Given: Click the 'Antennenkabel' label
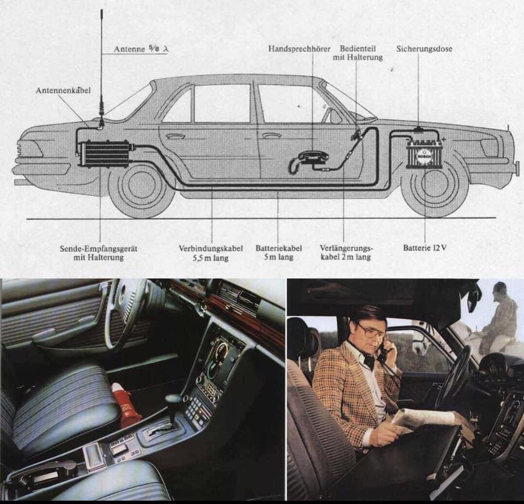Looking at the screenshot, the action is click(63, 90).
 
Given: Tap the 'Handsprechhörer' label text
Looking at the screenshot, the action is click(300, 49).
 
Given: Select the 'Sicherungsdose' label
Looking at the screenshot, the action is click(424, 49).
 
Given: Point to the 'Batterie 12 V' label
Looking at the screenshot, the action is click(425, 248).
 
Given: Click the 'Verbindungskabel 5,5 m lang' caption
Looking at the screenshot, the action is click(211, 253).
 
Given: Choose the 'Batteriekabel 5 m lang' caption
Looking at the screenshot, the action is click(279, 253).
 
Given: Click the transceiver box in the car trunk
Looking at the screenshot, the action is click(105, 152).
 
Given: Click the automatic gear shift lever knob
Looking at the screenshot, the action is click(174, 399).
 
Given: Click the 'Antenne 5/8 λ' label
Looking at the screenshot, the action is click(141, 49).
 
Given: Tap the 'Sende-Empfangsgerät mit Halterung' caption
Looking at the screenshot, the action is click(99, 253).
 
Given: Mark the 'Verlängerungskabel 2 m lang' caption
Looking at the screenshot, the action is click(346, 253).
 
